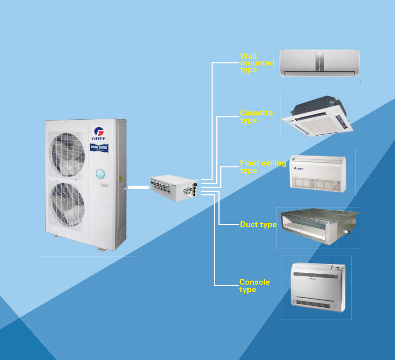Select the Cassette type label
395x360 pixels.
(256, 116)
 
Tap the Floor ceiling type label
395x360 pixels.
(262, 166)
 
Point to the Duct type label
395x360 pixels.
(258, 224)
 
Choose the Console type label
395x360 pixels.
(254, 286)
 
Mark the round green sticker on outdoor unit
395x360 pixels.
(101, 173)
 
